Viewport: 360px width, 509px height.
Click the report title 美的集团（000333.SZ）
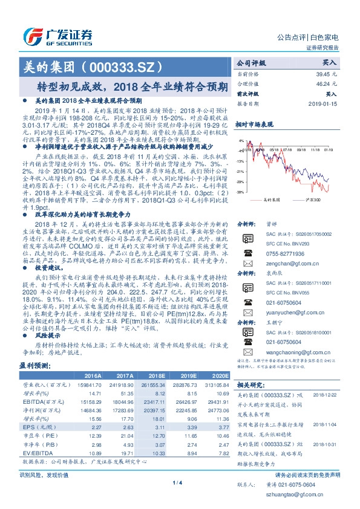93,66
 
